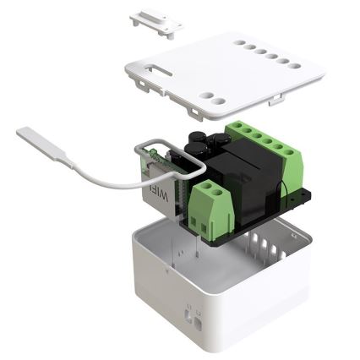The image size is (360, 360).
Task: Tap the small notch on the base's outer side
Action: click(192, 317)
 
